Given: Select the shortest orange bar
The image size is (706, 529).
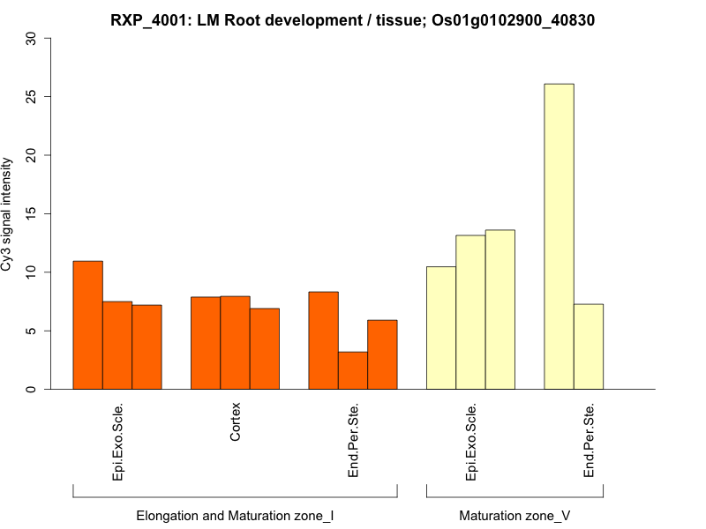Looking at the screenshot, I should [353, 370].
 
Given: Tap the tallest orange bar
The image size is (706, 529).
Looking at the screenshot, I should [87, 325].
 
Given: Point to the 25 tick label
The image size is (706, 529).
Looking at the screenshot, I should [33, 96].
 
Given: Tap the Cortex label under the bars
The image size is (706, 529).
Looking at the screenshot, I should [236, 423].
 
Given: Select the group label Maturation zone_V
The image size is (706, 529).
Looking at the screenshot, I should [514, 515].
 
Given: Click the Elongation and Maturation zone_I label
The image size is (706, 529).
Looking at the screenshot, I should [235, 515].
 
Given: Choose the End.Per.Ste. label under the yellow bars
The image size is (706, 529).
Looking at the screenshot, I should [590, 441].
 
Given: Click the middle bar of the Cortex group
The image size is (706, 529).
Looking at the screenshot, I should [235, 343].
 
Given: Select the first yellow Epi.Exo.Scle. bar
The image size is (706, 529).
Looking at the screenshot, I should [441, 328].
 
